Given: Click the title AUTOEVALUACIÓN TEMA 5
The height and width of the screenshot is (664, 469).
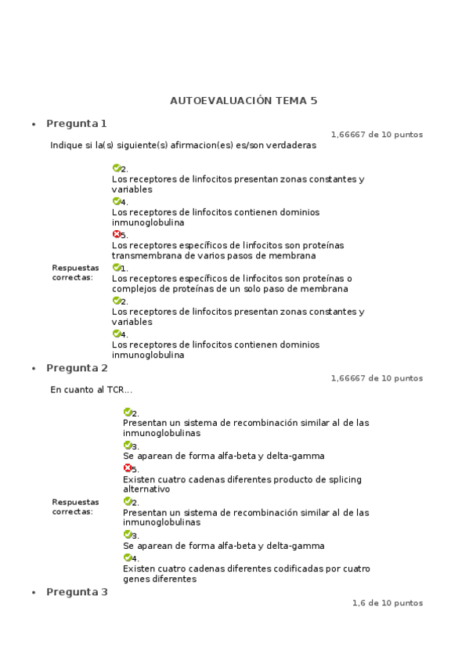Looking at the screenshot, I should (244, 101).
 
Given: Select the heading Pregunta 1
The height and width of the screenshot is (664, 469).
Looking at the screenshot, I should (76, 124).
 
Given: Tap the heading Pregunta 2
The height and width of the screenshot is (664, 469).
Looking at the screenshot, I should (76, 368).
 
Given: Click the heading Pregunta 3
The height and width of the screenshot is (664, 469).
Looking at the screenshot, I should (76, 592).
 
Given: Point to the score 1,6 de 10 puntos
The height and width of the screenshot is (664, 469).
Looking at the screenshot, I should (387, 603).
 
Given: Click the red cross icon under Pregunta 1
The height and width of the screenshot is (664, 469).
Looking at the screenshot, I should (116, 234).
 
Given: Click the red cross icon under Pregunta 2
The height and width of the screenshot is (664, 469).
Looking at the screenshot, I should (127, 468).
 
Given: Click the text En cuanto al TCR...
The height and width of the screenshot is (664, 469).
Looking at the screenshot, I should (91, 390).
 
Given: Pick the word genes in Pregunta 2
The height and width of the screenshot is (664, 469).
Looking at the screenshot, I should (135, 579).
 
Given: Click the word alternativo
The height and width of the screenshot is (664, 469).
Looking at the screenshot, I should (146, 489).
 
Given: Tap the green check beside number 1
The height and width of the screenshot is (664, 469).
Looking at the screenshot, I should (116, 267).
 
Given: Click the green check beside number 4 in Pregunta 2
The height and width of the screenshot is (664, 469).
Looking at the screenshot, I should (127, 558).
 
